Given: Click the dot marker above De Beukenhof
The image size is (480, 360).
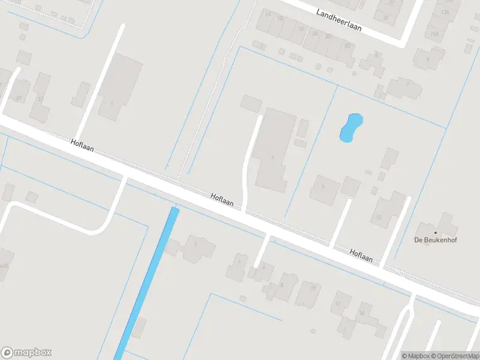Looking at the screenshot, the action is click(436, 232).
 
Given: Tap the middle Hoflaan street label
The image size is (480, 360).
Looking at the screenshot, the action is click(221, 200).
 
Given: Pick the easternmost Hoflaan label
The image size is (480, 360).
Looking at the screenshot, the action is click(361, 256).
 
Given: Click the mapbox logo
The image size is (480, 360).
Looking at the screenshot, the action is click(26, 352).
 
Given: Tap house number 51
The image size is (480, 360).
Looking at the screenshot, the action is click(41, 99).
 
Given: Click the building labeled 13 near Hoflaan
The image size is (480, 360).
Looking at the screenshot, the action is click(379, 217).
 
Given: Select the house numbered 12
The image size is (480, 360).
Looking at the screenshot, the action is click(338, 304).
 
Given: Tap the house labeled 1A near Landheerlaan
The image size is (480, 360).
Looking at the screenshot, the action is click(268, 15).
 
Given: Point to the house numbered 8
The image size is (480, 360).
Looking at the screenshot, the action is click(281, 284).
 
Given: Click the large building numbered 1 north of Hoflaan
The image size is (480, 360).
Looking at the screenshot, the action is click(112, 103).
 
